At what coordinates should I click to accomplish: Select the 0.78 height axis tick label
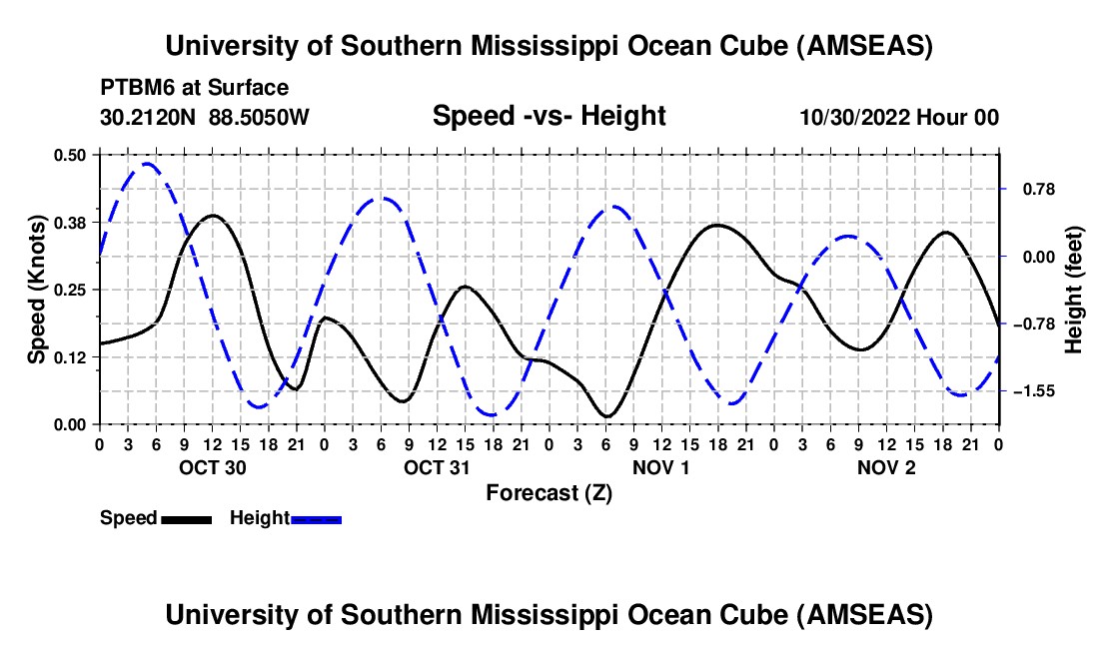tap(1034, 189)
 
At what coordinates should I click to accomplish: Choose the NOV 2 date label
tap(885, 467)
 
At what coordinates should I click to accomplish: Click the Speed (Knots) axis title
tap(36, 290)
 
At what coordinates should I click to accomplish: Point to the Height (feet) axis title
tap(1074, 290)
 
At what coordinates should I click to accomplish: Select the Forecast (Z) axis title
tap(549, 492)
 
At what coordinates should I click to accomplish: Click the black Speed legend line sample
tap(186, 518)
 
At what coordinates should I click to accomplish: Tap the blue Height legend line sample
tap(316, 518)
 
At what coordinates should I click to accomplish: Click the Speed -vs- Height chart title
tap(549, 117)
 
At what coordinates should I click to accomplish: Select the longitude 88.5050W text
tap(260, 117)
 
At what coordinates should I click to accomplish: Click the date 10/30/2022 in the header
tap(853, 117)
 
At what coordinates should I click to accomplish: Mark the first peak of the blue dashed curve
tap(147, 164)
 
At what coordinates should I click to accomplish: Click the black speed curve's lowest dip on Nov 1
tap(606, 415)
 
